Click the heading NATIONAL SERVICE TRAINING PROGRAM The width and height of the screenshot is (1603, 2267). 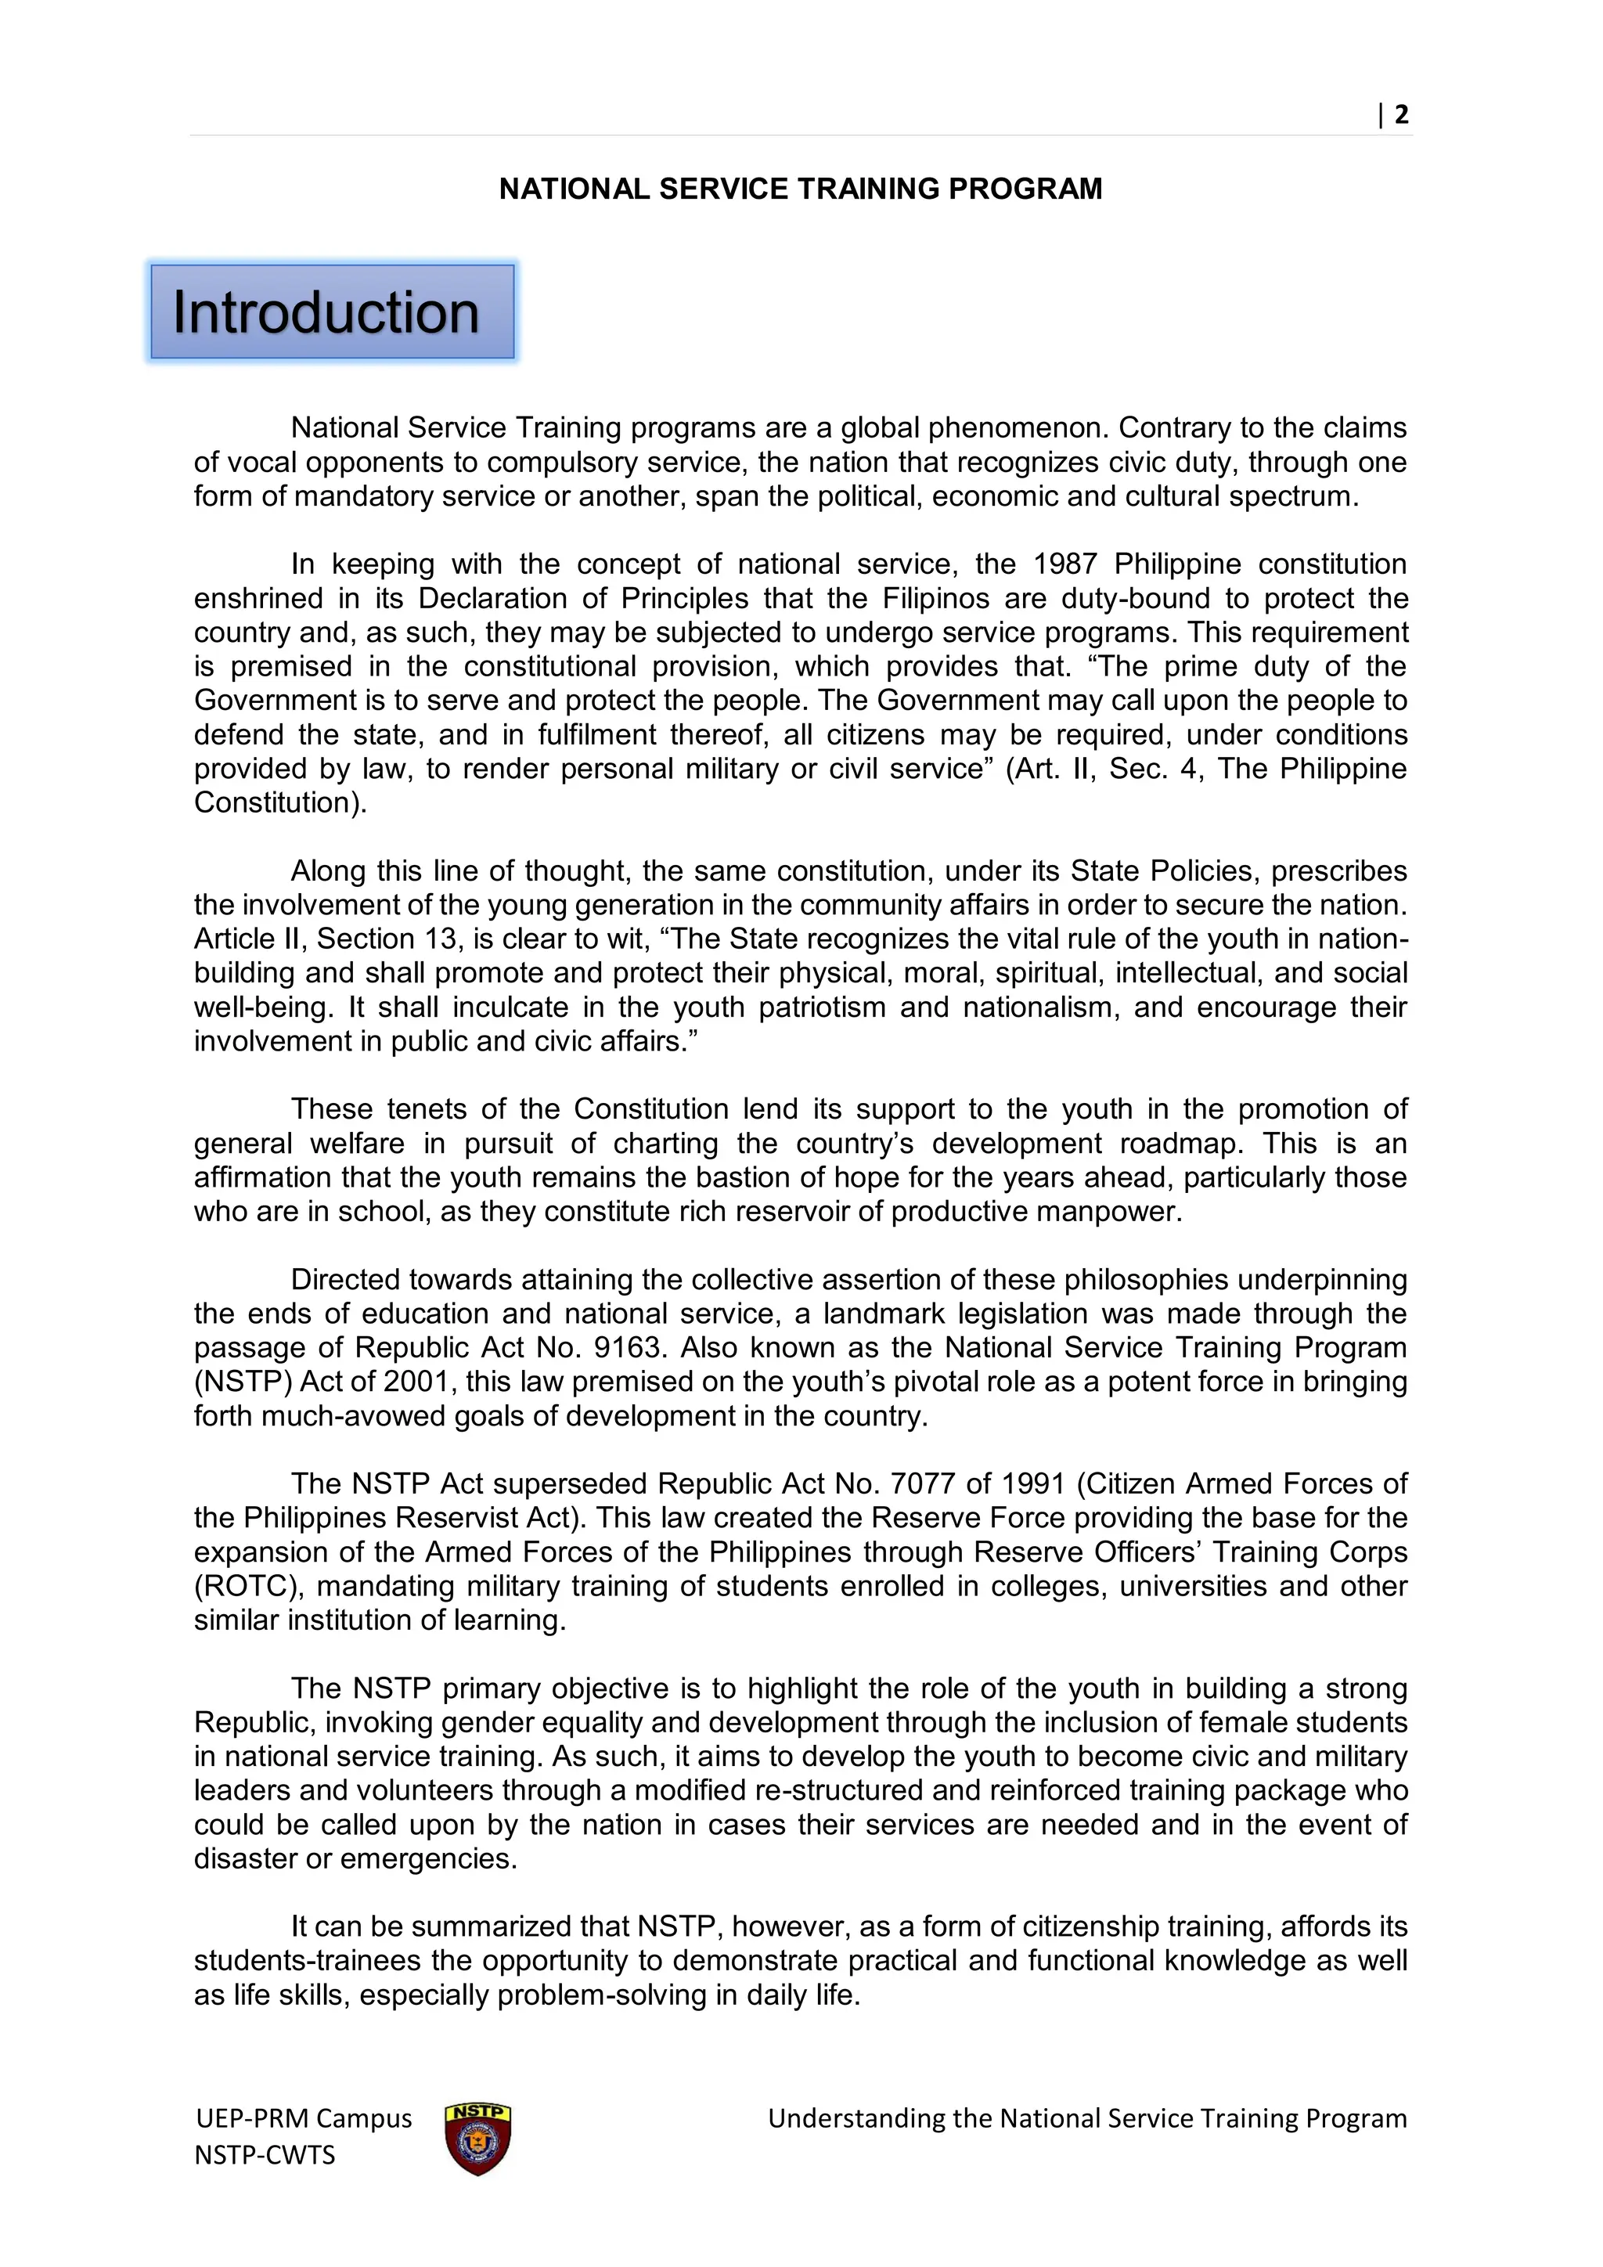point(801,189)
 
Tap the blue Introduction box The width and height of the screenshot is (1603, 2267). point(332,312)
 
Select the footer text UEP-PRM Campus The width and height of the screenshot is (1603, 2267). point(304,2119)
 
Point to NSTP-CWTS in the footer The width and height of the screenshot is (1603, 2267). point(265,2154)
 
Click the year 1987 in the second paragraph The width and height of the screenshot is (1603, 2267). point(1065,564)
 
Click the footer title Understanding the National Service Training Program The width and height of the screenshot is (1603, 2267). point(1086,2119)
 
